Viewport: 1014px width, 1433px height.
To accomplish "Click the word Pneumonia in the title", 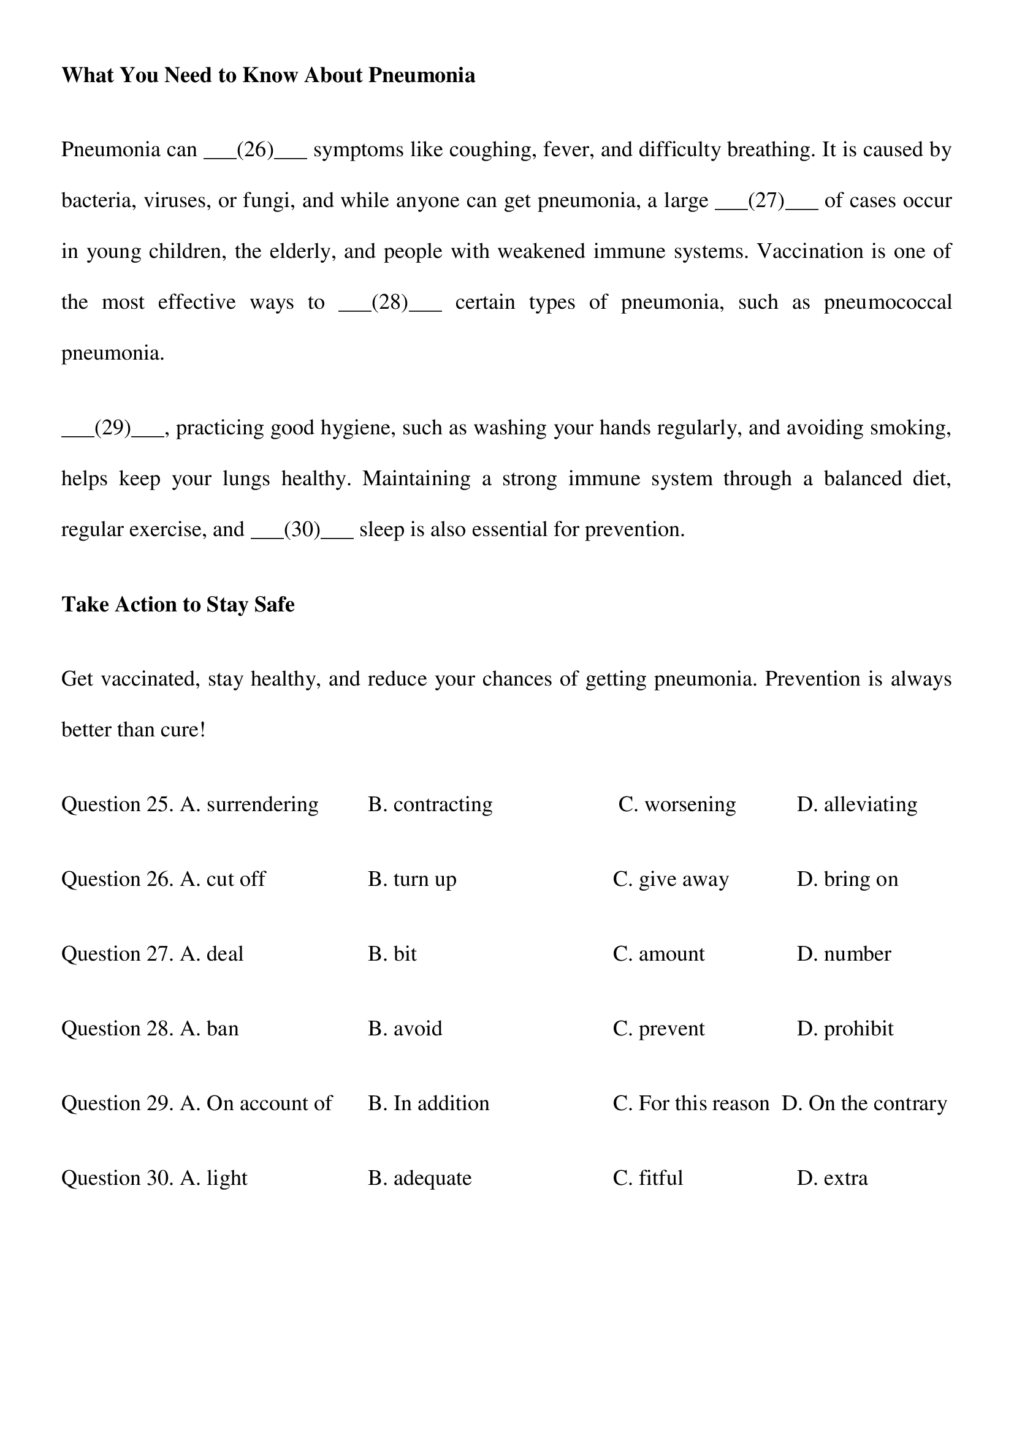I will (x=421, y=75).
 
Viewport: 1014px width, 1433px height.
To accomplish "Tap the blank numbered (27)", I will (x=766, y=201).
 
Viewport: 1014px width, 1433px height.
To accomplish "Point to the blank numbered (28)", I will (x=390, y=303).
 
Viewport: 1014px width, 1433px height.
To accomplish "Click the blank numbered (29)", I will (x=113, y=428).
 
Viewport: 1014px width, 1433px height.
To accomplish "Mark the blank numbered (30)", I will (x=302, y=530).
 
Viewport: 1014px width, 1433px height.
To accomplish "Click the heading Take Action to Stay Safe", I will (x=178, y=604).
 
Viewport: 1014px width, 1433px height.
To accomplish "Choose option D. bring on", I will (x=847, y=879).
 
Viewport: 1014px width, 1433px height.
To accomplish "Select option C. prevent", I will (x=658, y=1028).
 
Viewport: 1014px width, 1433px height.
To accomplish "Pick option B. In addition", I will (x=429, y=1103).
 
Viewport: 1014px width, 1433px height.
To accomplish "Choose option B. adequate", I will (x=419, y=1178).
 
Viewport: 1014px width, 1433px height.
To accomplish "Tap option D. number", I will (x=844, y=954).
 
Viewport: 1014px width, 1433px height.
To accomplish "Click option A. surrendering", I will (x=249, y=804).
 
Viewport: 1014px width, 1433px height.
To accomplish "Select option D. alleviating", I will (x=856, y=804).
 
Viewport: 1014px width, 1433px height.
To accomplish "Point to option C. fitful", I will (x=648, y=1178).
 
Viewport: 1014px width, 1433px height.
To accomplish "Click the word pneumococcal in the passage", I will (x=887, y=303).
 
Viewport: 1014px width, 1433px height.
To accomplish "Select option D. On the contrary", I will (x=864, y=1103).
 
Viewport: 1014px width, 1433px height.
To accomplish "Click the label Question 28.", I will (x=116, y=1028).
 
